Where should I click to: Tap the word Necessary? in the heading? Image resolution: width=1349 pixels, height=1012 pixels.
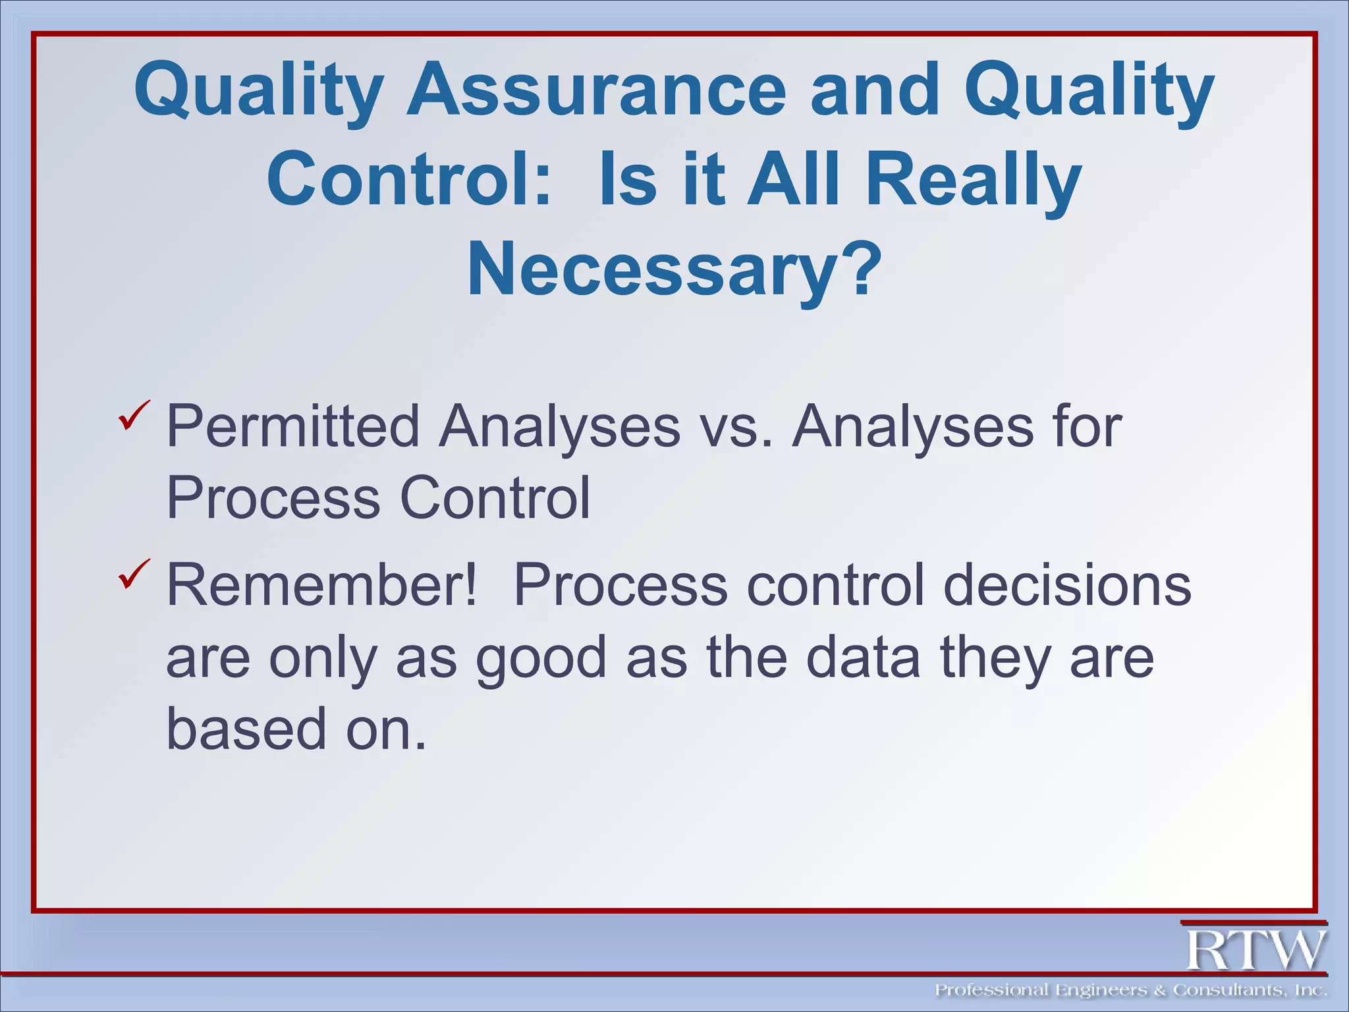tap(673, 270)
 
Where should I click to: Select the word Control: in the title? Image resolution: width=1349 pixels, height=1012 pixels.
tap(408, 179)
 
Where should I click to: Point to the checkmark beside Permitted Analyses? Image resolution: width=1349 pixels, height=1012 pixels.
tap(134, 416)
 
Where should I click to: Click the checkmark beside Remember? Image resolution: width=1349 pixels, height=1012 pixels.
tap(134, 574)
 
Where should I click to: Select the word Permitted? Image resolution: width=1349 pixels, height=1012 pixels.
tap(293, 427)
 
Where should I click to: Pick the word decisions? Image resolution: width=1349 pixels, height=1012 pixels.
tap(1067, 585)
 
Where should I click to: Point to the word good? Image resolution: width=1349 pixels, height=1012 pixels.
tap(540, 659)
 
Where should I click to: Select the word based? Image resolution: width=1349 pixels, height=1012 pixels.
tap(246, 729)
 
